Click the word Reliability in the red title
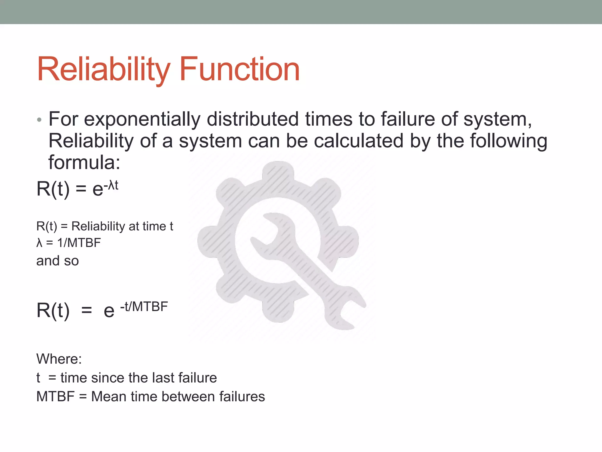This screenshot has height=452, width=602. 103,69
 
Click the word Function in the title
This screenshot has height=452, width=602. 239,69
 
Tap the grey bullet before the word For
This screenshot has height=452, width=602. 39,120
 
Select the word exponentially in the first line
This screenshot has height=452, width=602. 142,120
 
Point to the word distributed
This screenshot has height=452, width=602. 252,119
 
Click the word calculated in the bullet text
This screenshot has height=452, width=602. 358,141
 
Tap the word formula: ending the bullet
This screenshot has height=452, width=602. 84,162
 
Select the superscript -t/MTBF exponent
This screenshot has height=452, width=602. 144,307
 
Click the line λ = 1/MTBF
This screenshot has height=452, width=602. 68,243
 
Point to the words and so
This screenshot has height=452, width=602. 58,261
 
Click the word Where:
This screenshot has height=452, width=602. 59,359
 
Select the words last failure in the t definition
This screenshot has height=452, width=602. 189,378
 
